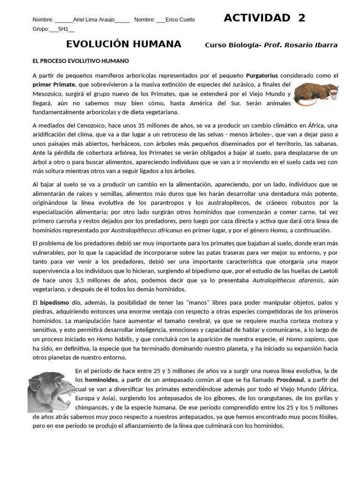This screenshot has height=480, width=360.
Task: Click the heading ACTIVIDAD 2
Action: pos(264,18)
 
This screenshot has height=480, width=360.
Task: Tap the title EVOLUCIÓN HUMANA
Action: pos(123,44)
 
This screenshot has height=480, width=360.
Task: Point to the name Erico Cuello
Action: pos(180,20)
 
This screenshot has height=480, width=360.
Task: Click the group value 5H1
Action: pos(63,29)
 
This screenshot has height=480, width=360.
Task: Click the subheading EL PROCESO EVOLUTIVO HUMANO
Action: pos(81,61)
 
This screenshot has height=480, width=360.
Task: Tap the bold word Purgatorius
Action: pos(262,75)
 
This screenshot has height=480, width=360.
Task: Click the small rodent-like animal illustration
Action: pos(316,94)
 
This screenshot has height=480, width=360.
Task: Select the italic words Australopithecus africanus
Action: pos(147,230)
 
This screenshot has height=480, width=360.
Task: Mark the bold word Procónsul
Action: pos(291,380)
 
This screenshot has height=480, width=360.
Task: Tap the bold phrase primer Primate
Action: pos(53,84)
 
